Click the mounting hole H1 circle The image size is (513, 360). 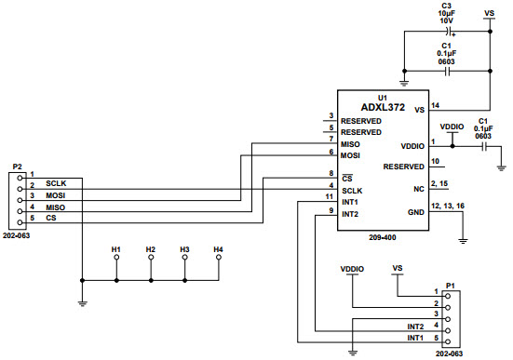pyautogui.click(x=116, y=260)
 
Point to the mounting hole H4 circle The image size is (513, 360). pyautogui.click(x=218, y=260)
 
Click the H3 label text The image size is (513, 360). pyautogui.click(x=184, y=249)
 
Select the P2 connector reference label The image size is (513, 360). pyautogui.click(x=17, y=167)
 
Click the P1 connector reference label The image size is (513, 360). pyautogui.click(x=451, y=285)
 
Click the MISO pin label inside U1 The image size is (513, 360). pyautogui.click(x=351, y=144)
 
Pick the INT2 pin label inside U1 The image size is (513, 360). pyautogui.click(x=351, y=214)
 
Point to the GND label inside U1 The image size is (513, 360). pyautogui.click(x=416, y=212)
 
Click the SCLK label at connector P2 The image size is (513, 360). pyautogui.click(x=56, y=184)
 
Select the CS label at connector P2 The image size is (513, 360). pyautogui.click(x=50, y=218)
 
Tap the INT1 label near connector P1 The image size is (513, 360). pyautogui.click(x=415, y=338)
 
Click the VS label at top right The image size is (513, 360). pyautogui.click(x=490, y=13)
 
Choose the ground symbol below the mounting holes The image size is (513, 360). pyautogui.click(x=83, y=300)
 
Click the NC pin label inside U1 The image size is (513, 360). pyautogui.click(x=419, y=189)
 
